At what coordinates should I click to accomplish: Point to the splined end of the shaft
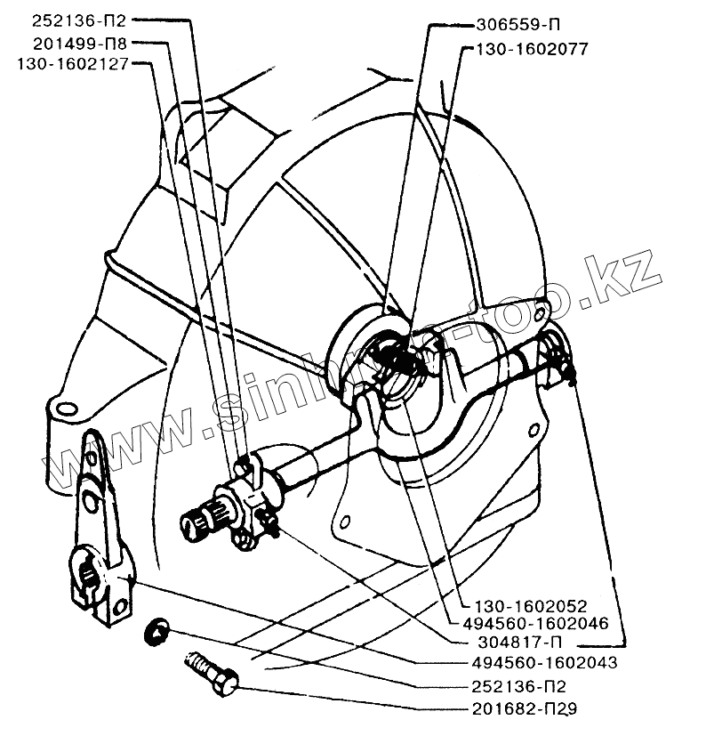pyautogui.click(x=198, y=522)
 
